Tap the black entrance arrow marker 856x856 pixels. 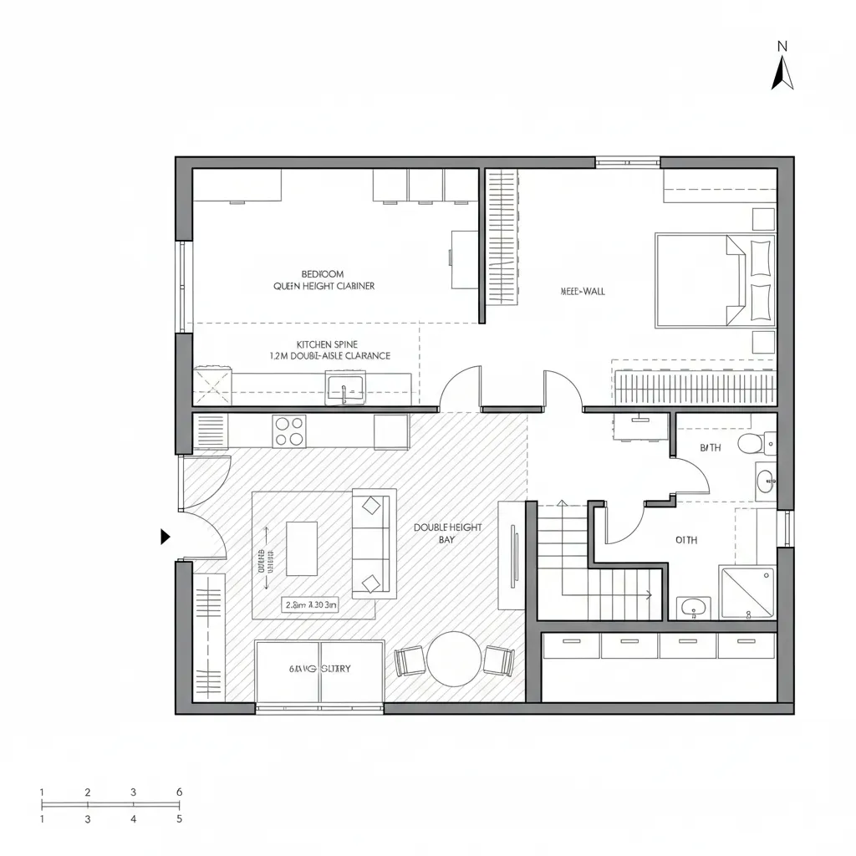[x=166, y=537]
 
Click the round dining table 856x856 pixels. [x=454, y=658]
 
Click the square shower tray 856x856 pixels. [x=747, y=593]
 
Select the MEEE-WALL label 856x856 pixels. [x=582, y=292]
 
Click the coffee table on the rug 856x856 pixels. [x=302, y=548]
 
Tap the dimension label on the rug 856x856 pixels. [x=311, y=604]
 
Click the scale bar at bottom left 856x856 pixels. [x=110, y=805]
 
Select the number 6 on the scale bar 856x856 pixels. [x=179, y=792]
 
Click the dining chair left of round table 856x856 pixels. [x=410, y=660]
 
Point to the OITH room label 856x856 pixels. [x=685, y=540]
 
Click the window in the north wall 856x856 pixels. [x=628, y=161]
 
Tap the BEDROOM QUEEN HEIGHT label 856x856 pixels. [x=324, y=279]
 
